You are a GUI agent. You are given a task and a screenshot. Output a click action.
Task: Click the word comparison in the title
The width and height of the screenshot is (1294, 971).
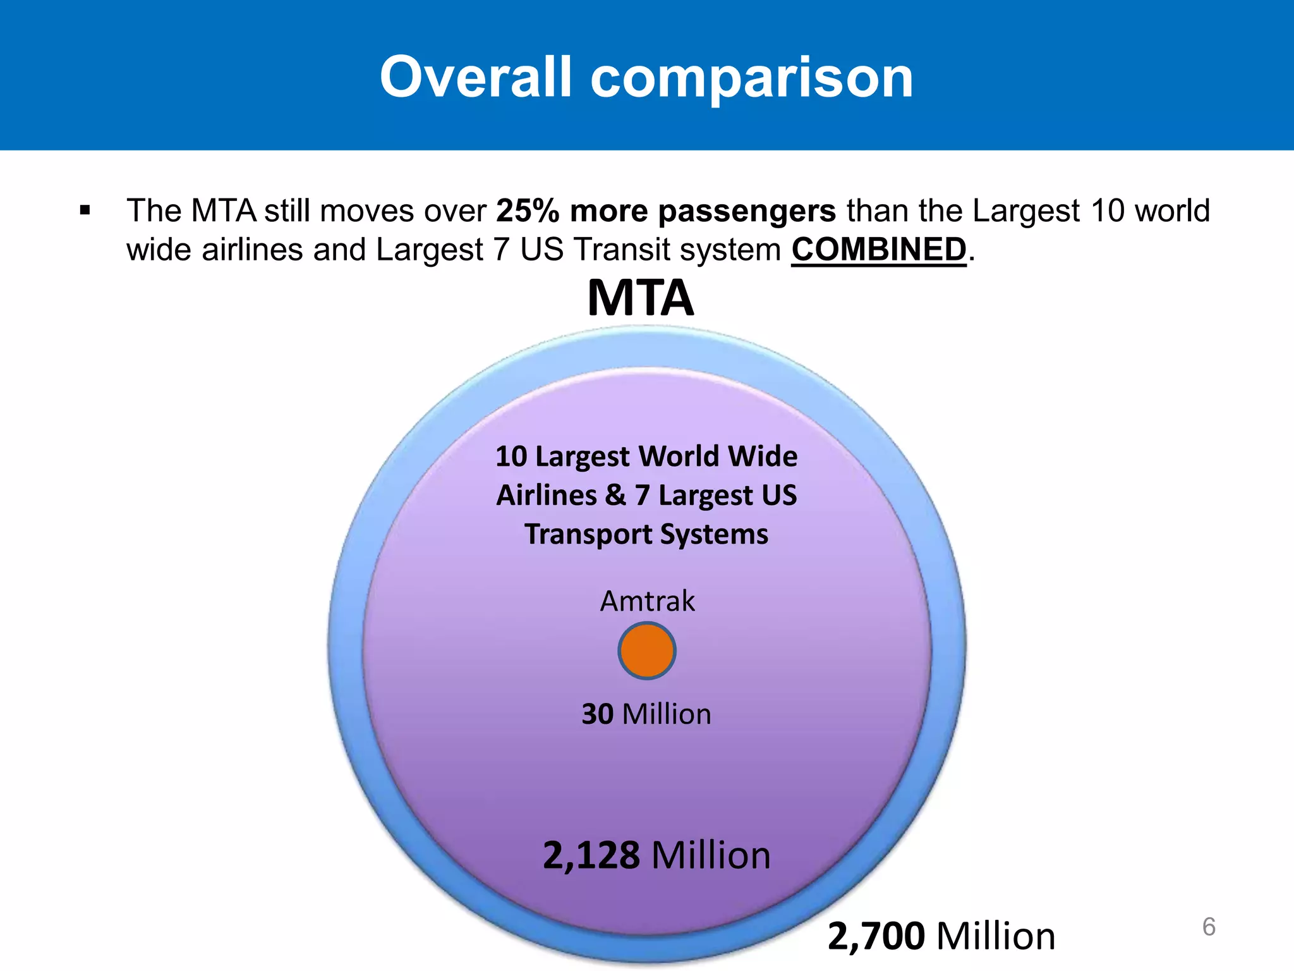[752, 78]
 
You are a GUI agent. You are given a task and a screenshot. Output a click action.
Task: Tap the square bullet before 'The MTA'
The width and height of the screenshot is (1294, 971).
[85, 211]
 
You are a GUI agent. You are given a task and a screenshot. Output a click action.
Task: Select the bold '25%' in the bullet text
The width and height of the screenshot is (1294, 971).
[528, 211]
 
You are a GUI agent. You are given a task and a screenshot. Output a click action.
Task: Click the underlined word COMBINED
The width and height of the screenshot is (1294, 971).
[879, 249]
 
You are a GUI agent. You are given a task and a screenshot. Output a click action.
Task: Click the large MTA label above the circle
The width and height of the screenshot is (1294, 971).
[641, 298]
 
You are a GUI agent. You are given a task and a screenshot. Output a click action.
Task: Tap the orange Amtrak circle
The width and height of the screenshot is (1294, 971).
[647, 650]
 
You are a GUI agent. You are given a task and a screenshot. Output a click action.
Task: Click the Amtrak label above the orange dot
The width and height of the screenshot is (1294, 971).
[647, 601]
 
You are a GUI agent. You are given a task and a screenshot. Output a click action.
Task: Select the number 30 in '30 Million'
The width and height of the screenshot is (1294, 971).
[598, 714]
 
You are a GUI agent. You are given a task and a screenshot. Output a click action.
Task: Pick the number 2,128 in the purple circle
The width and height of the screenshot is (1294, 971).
[591, 855]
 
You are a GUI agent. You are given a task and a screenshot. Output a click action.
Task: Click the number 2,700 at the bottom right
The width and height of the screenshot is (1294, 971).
[876, 936]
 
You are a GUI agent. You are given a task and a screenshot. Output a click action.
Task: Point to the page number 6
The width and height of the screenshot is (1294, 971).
[1209, 927]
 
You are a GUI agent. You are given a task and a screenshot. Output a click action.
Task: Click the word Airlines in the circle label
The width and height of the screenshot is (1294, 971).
[547, 495]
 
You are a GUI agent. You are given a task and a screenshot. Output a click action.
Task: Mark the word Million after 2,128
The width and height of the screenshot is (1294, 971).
[711, 855]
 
